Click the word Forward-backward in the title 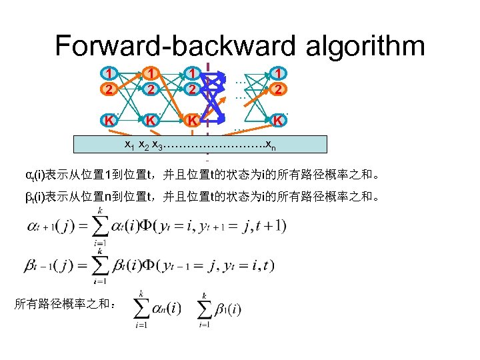174,45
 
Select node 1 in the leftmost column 107,71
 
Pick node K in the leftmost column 107,120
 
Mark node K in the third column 192,121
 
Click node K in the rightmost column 279,121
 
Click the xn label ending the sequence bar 268,145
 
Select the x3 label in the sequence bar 157,145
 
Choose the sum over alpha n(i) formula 157,308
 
